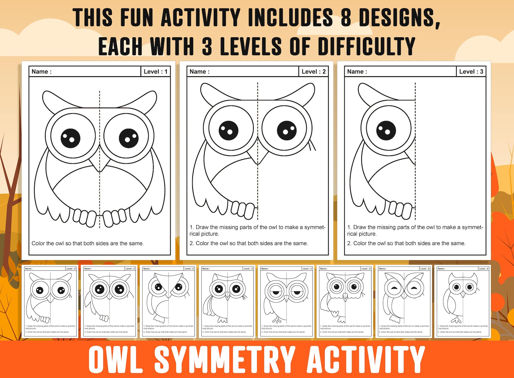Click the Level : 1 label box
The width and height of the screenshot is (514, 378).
(x=155, y=72)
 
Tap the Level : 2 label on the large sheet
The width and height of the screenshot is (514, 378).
(x=313, y=72)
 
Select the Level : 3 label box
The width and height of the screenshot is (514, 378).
(x=471, y=72)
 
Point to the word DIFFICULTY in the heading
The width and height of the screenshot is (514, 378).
(x=367, y=46)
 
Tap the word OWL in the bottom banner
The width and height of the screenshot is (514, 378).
(x=116, y=359)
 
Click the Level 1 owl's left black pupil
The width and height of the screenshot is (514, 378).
(x=70, y=138)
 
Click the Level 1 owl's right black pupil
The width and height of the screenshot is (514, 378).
(x=128, y=138)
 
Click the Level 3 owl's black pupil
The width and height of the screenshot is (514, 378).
(x=386, y=130)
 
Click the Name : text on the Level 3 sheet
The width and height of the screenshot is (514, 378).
(x=357, y=72)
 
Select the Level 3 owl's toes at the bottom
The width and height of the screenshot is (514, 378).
(x=400, y=209)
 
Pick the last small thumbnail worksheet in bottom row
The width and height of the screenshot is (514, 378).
(x=463, y=301)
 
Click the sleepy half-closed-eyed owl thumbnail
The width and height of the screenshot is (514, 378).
(x=286, y=301)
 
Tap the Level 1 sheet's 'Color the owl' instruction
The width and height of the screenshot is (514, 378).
(x=87, y=243)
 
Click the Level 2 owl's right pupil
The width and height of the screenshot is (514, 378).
(x=286, y=130)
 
